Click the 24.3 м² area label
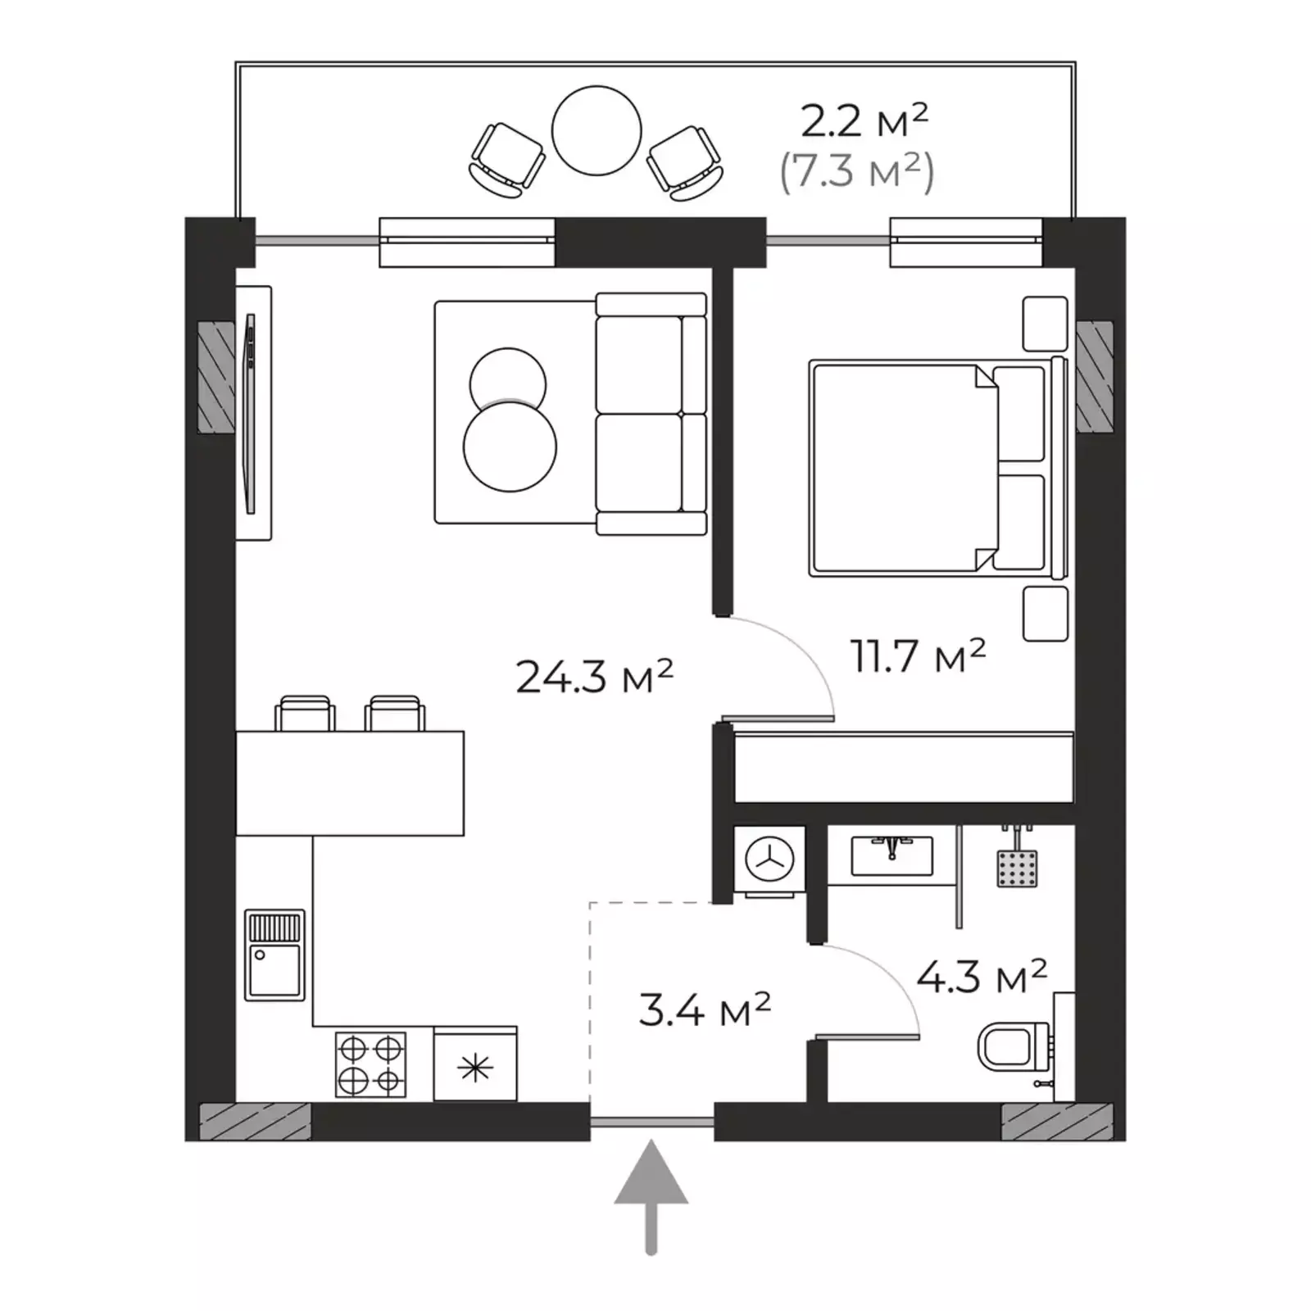click(x=594, y=677)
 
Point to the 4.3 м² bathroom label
click(x=982, y=977)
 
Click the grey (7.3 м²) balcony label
click(x=857, y=172)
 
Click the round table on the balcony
click(x=597, y=130)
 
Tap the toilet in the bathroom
click(x=1014, y=1046)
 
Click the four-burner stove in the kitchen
click(x=371, y=1064)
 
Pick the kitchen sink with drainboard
click(x=275, y=955)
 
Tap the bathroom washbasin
click(x=891, y=855)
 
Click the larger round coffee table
click(x=510, y=447)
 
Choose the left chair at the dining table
click(x=305, y=713)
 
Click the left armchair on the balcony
click(x=507, y=160)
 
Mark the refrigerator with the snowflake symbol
click(x=475, y=1064)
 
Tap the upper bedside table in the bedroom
click(x=1046, y=324)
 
